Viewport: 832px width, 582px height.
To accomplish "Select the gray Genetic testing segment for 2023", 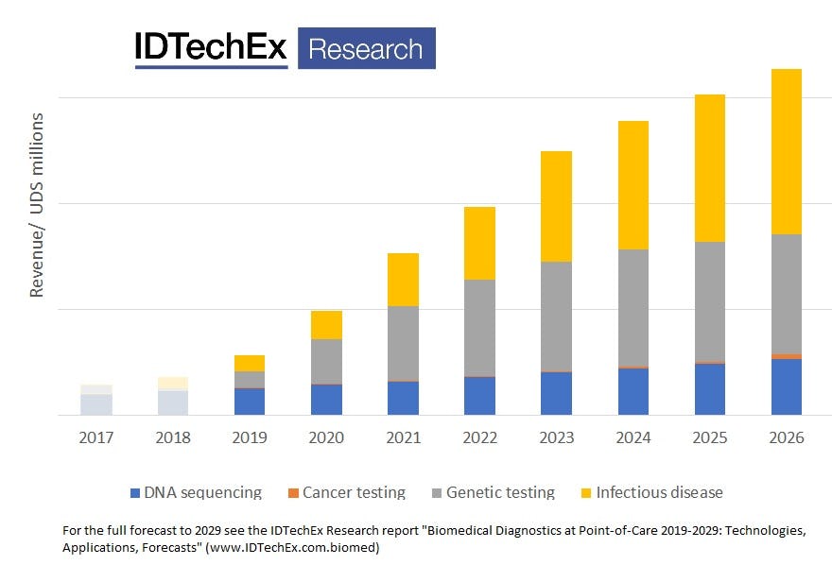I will click(556, 316).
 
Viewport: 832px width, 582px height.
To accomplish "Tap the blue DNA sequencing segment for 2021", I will click(403, 398).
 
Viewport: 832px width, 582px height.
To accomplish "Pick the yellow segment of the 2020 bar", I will click(326, 325).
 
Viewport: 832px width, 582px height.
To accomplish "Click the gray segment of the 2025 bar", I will click(709, 301).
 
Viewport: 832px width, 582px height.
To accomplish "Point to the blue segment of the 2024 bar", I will click(633, 391).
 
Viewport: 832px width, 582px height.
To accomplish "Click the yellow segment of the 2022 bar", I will click(479, 243).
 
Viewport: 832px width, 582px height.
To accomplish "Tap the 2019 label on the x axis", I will click(250, 438).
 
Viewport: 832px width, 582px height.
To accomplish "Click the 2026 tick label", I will click(786, 438).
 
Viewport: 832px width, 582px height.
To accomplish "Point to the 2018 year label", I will click(173, 438).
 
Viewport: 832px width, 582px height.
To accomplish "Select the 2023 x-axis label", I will click(556, 438).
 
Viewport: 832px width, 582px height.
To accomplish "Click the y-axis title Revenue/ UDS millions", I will click(37, 205).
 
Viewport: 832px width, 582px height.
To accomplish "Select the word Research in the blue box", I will click(366, 48).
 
